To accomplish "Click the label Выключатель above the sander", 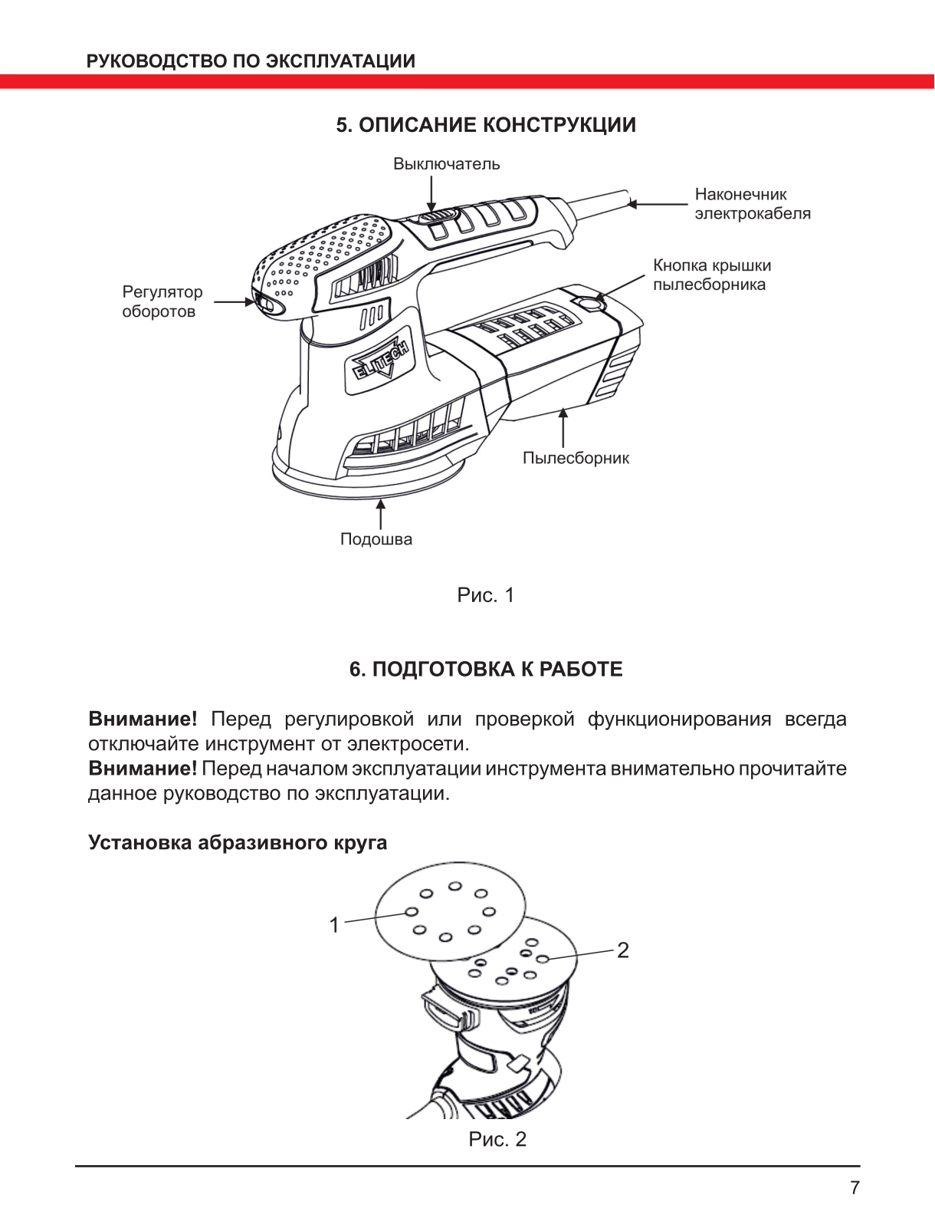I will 446,164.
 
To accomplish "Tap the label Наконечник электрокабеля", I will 752,204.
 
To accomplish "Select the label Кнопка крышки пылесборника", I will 711,275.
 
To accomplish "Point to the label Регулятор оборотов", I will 162,301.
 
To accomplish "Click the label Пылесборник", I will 576,458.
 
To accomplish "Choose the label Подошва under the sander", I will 376,539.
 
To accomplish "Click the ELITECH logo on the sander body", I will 381,360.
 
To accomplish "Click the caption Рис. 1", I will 485,595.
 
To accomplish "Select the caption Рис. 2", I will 497,1139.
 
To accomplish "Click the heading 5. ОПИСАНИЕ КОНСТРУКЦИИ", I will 486,125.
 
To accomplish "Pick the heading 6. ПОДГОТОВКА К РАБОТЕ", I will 486,670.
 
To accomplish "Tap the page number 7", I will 855,1187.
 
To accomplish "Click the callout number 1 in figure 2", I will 334,925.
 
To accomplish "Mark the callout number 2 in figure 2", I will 622,950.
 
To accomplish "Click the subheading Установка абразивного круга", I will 238,842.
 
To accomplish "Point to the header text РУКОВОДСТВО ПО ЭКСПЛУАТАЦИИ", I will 251,61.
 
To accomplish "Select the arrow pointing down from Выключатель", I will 431,193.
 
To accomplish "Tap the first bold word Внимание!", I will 143,719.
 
